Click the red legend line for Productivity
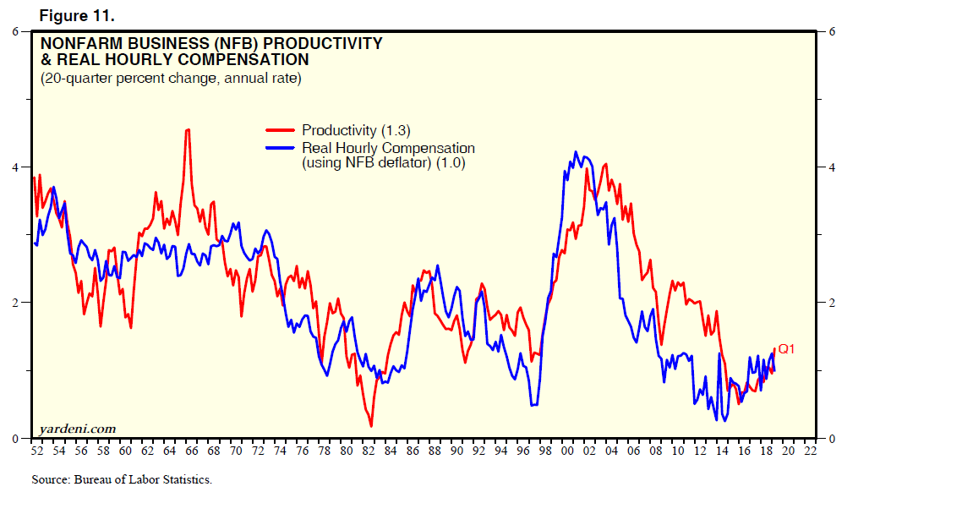point(281,130)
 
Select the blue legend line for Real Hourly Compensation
point(281,148)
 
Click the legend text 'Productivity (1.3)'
point(356,130)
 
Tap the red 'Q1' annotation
point(786,348)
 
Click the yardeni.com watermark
point(79,429)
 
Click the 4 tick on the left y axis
point(15,167)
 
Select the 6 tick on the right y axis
point(833,32)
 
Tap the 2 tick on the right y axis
point(833,303)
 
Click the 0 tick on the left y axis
point(15,438)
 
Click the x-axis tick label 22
point(810,451)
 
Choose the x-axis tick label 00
point(567,451)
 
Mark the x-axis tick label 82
point(368,451)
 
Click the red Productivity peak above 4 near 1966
point(187,129)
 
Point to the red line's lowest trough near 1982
point(371,425)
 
